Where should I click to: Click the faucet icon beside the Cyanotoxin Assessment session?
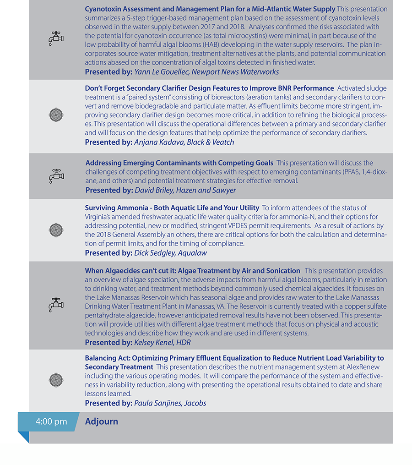tap(56, 38)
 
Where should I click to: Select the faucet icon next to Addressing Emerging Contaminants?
tap(56, 176)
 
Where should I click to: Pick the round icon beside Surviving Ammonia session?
tap(56, 230)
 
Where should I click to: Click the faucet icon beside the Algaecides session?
tap(56, 305)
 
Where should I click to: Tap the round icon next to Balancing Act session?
tap(56, 380)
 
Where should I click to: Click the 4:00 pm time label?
tap(51, 421)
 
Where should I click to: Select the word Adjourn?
tap(102, 421)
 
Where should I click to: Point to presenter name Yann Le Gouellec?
tap(162, 71)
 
